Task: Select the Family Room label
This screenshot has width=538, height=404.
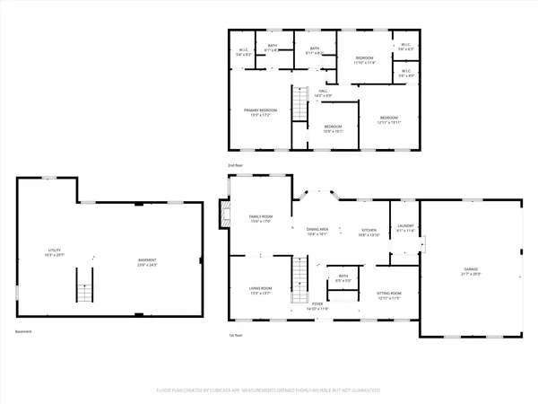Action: tap(261, 216)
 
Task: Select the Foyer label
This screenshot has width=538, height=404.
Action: tap(318, 304)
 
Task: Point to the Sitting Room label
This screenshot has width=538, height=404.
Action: tap(389, 294)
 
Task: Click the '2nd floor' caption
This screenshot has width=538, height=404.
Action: tap(236, 166)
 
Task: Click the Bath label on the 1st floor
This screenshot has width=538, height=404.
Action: tap(343, 277)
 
